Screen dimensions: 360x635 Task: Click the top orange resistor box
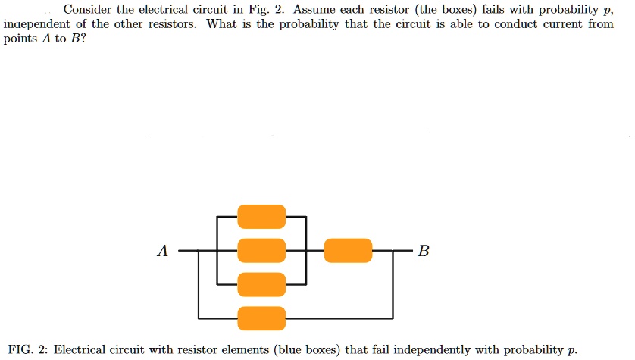pyautogui.click(x=261, y=216)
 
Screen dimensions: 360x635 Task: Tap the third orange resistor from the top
pyautogui.click(x=261, y=284)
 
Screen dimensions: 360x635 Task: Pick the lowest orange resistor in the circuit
pyautogui.click(x=261, y=318)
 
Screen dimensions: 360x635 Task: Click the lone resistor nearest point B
pyautogui.click(x=348, y=250)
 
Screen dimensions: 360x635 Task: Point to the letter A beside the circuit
pyautogui.click(x=162, y=252)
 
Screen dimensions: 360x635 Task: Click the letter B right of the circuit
pyautogui.click(x=423, y=252)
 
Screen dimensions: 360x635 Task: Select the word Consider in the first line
pyautogui.click(x=88, y=10)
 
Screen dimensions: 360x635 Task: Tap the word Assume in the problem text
pyautogui.click(x=316, y=10)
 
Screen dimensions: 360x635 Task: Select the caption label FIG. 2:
pyautogui.click(x=27, y=349)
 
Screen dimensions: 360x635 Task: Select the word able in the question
pyautogui.click(x=454, y=24)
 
